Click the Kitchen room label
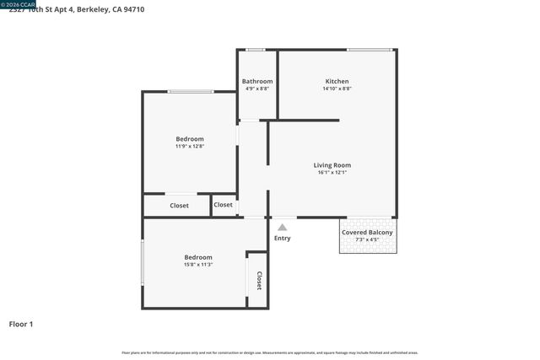pyautogui.click(x=337, y=82)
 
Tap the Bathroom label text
pyautogui.click(x=257, y=82)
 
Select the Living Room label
pyautogui.click(x=332, y=165)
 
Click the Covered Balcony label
pyautogui.click(x=366, y=233)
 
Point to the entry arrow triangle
pyautogui.click(x=282, y=226)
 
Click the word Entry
pyautogui.click(x=282, y=239)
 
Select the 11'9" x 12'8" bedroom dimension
pyautogui.click(x=189, y=147)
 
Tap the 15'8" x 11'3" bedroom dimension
pyautogui.click(x=198, y=265)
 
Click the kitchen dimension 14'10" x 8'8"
pyautogui.click(x=337, y=89)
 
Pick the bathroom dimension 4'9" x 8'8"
pyautogui.click(x=257, y=89)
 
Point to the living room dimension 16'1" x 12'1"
pyautogui.click(x=332, y=173)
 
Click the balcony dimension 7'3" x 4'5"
pyautogui.click(x=366, y=239)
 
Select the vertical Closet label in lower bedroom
pyautogui.click(x=259, y=281)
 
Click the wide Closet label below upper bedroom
pyautogui.click(x=179, y=206)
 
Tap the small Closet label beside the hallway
pyautogui.click(x=223, y=205)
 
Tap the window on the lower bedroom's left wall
pyautogui.click(x=143, y=263)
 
